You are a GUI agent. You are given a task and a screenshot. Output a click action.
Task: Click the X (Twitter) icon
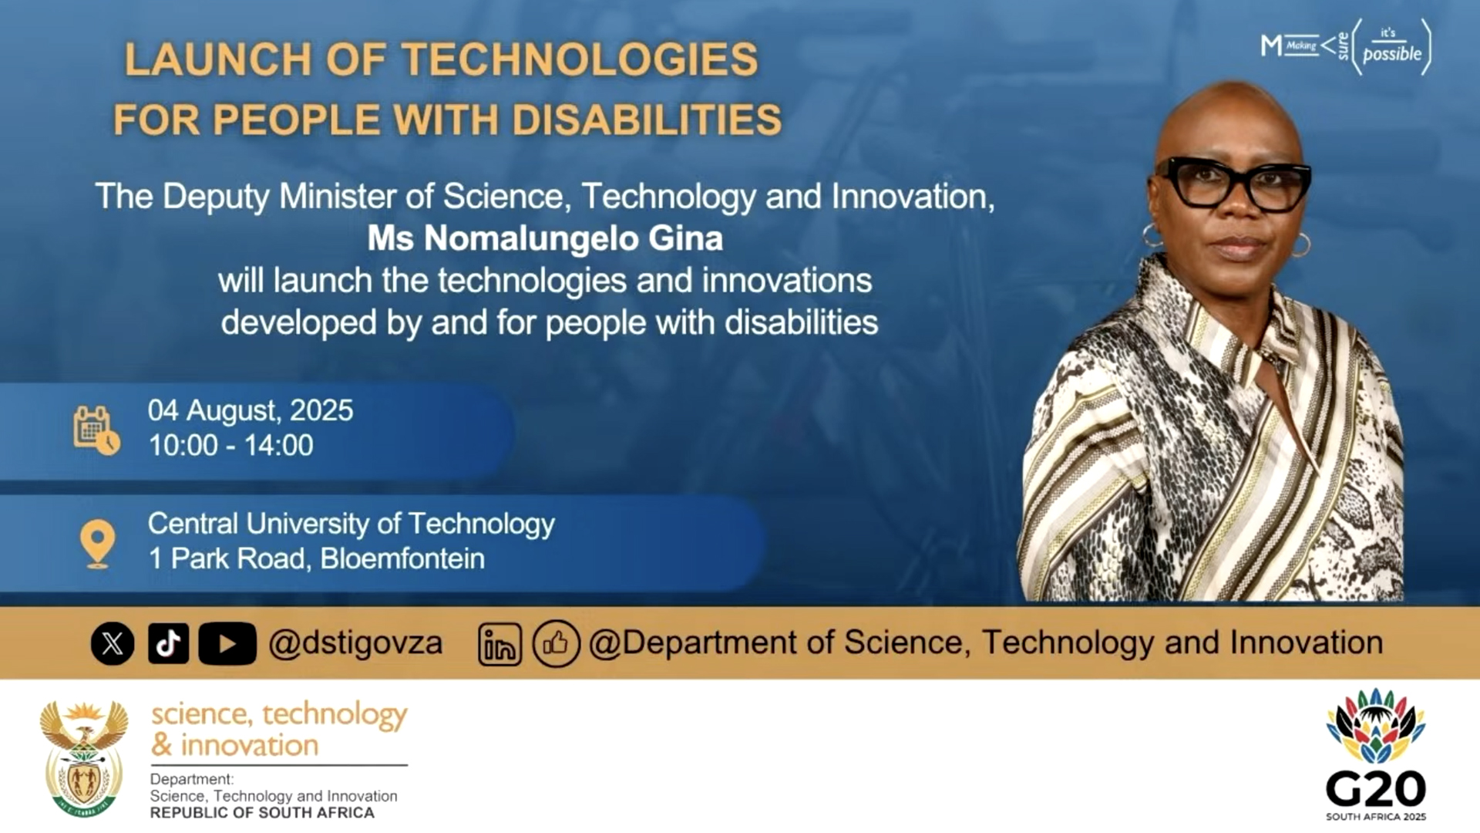pyautogui.click(x=113, y=643)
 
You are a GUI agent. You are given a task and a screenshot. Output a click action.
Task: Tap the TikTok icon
pyautogui.click(x=168, y=643)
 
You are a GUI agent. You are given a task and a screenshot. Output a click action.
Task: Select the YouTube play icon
pyautogui.click(x=227, y=643)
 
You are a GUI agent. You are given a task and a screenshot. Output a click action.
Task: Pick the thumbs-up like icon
pyautogui.click(x=556, y=643)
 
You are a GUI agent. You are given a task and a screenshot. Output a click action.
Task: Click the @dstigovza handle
pyautogui.click(x=355, y=643)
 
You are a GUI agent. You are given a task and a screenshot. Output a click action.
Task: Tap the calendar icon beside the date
pyautogui.click(x=96, y=430)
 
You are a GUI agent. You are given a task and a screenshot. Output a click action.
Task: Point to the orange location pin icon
pyautogui.click(x=98, y=543)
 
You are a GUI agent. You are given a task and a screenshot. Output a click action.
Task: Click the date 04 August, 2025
pyautogui.click(x=251, y=410)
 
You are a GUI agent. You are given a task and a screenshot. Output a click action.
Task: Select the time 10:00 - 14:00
pyautogui.click(x=230, y=446)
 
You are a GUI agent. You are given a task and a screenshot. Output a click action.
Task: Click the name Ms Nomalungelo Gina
pyautogui.click(x=545, y=238)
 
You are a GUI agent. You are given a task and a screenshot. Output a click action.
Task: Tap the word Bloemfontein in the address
pyautogui.click(x=402, y=558)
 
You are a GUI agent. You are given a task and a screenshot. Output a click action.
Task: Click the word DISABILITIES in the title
pyautogui.click(x=647, y=120)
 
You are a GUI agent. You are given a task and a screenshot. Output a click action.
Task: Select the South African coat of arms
pyautogui.click(x=84, y=757)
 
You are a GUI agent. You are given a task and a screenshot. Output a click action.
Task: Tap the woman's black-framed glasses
pyautogui.click(x=1233, y=184)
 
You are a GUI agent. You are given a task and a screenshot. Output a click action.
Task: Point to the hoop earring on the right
pyautogui.click(x=1300, y=245)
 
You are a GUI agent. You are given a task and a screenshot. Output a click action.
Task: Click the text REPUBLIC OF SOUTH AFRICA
pyautogui.click(x=262, y=813)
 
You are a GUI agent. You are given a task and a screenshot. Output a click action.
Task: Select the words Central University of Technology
pyautogui.click(x=351, y=524)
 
